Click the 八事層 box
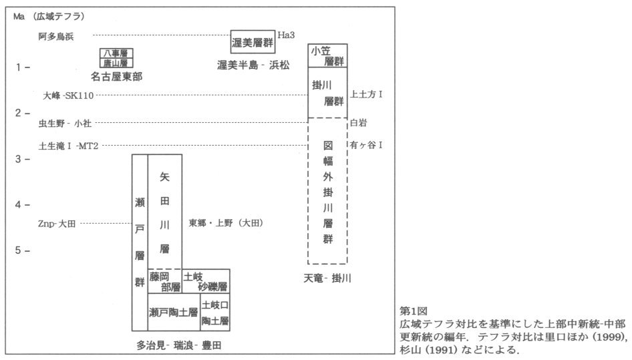pyautogui.click(x=114, y=53)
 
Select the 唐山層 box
pyautogui.click(x=114, y=63)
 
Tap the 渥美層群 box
pyautogui.click(x=253, y=42)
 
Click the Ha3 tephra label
pyautogui.click(x=285, y=34)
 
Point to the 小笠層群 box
pyautogui.click(x=328, y=55)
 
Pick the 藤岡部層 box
pyautogui.click(x=165, y=281)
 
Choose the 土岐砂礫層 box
pyautogui.click(x=206, y=281)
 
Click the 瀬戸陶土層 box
pyautogui.click(x=174, y=312)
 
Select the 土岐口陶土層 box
pyautogui.click(x=215, y=313)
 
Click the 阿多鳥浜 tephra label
pyautogui.click(x=56, y=36)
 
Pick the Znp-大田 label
pyautogui.click(x=57, y=224)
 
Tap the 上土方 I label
pyautogui.click(x=367, y=95)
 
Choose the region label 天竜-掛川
pyautogui.click(x=327, y=277)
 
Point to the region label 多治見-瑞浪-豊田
pyautogui.click(x=179, y=345)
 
